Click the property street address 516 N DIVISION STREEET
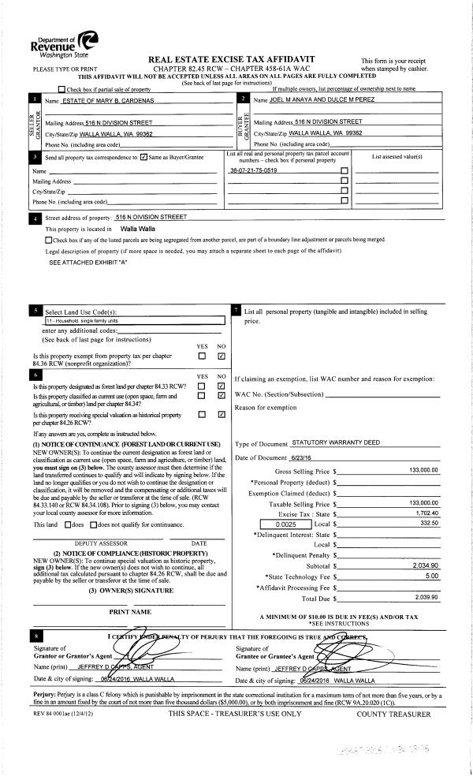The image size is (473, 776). pos(151,216)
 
